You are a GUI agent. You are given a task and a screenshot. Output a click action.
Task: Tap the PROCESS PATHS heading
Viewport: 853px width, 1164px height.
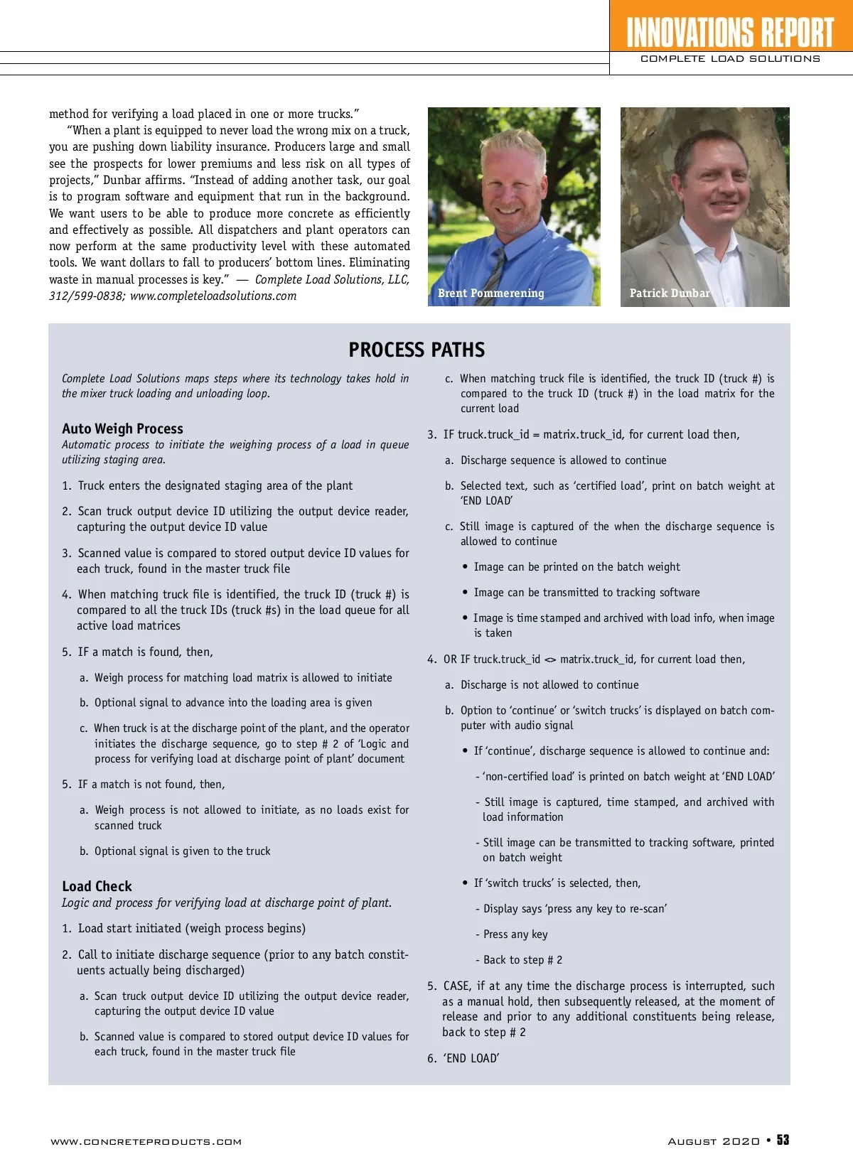click(417, 350)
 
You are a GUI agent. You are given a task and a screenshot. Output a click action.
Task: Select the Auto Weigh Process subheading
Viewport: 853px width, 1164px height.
click(122, 429)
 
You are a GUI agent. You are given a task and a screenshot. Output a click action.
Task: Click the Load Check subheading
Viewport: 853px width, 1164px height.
click(97, 886)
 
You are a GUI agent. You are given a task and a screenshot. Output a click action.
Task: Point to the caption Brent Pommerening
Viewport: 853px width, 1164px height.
click(490, 293)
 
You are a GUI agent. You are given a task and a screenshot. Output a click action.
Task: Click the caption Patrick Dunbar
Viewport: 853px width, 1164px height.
click(670, 293)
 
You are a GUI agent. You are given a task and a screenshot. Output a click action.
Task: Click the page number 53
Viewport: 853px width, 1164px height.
click(783, 1140)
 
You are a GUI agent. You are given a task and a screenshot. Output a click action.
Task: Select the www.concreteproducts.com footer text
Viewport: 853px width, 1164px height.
click(146, 1142)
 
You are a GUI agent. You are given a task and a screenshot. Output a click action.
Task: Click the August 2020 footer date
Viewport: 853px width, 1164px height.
click(714, 1141)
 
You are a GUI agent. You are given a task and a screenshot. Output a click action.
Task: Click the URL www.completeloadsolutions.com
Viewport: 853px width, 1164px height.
click(213, 296)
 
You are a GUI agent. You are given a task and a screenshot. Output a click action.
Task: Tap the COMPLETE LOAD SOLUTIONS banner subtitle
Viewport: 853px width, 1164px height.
click(730, 59)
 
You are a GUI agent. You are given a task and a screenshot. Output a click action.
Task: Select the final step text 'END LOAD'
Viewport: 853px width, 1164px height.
click(471, 1058)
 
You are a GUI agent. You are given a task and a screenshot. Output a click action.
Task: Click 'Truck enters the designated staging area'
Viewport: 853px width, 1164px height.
click(215, 485)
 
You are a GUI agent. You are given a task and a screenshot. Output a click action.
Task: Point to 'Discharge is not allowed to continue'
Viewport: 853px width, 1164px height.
click(549, 685)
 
